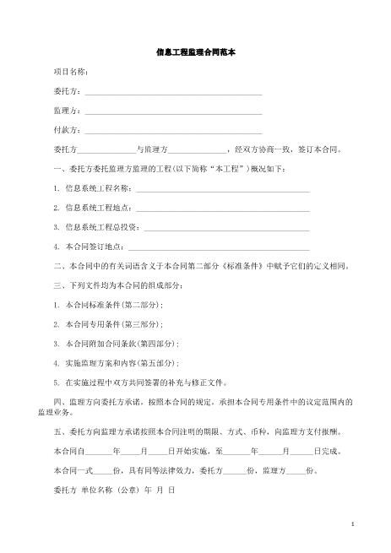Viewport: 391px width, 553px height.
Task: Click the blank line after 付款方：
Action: [x=173, y=130]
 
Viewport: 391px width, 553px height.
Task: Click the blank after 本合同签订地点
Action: [x=219, y=247]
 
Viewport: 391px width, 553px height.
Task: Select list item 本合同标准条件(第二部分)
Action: [x=112, y=305]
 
